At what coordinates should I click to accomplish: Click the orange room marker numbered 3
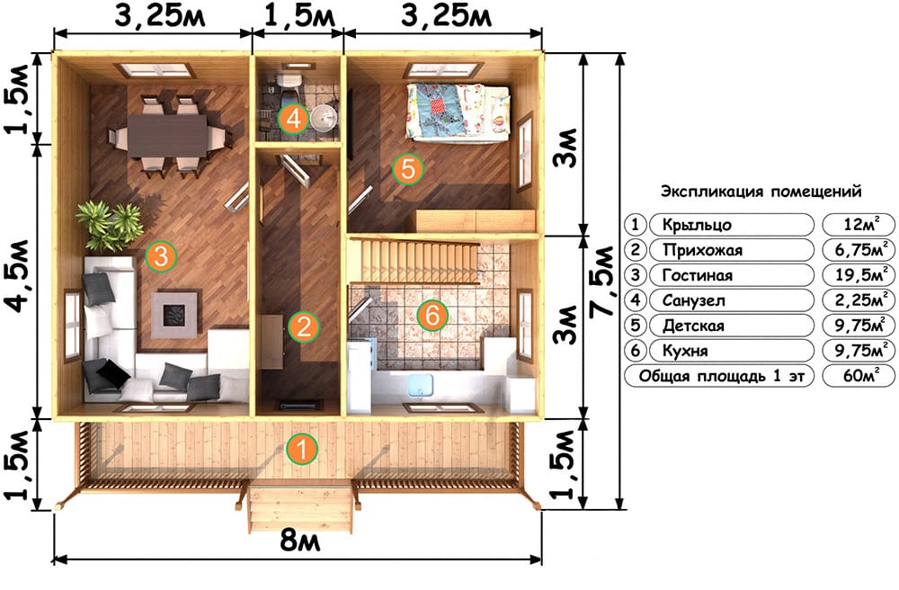coord(161,255)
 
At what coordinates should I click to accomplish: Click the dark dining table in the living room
coord(167,135)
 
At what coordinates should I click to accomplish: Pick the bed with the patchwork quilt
coord(458,112)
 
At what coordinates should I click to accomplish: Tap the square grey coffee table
coord(176,314)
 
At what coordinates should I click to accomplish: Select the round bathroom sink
coord(325,118)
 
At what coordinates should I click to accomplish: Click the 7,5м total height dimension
coord(602,281)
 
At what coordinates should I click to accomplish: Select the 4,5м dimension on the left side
coord(19,276)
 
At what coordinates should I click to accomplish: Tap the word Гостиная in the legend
coord(698,275)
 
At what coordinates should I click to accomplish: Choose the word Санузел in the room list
coord(694,300)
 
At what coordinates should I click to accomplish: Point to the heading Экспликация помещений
coord(761,191)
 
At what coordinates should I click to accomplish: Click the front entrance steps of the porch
coord(300,509)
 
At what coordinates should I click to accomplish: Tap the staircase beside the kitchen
coord(413,262)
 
